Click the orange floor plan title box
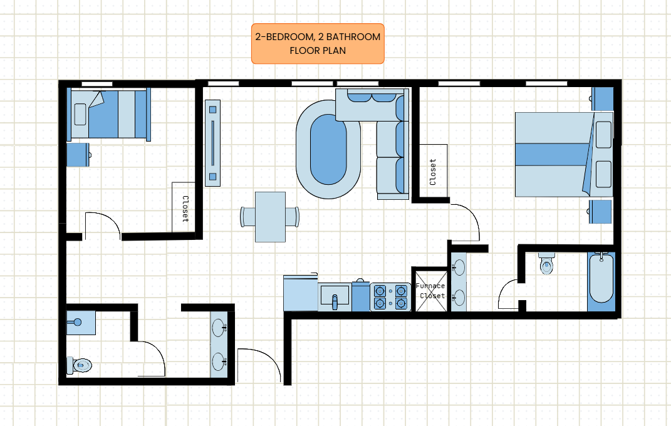pos(318,44)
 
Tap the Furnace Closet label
pos(431,291)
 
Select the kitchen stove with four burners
pos(390,297)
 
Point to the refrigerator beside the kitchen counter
pos(300,293)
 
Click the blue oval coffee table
pos(328,149)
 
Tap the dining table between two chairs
pos(271,217)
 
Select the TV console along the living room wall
pos(212,143)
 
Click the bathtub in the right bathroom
pos(601,281)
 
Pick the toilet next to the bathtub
pos(546,263)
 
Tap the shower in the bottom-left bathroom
pos(81,323)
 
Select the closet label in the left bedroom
pos(185,209)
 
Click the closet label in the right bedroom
pos(433,172)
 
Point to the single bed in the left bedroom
pos(108,114)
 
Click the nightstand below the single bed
pos(78,154)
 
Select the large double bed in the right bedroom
pos(564,154)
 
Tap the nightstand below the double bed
pos(600,211)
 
